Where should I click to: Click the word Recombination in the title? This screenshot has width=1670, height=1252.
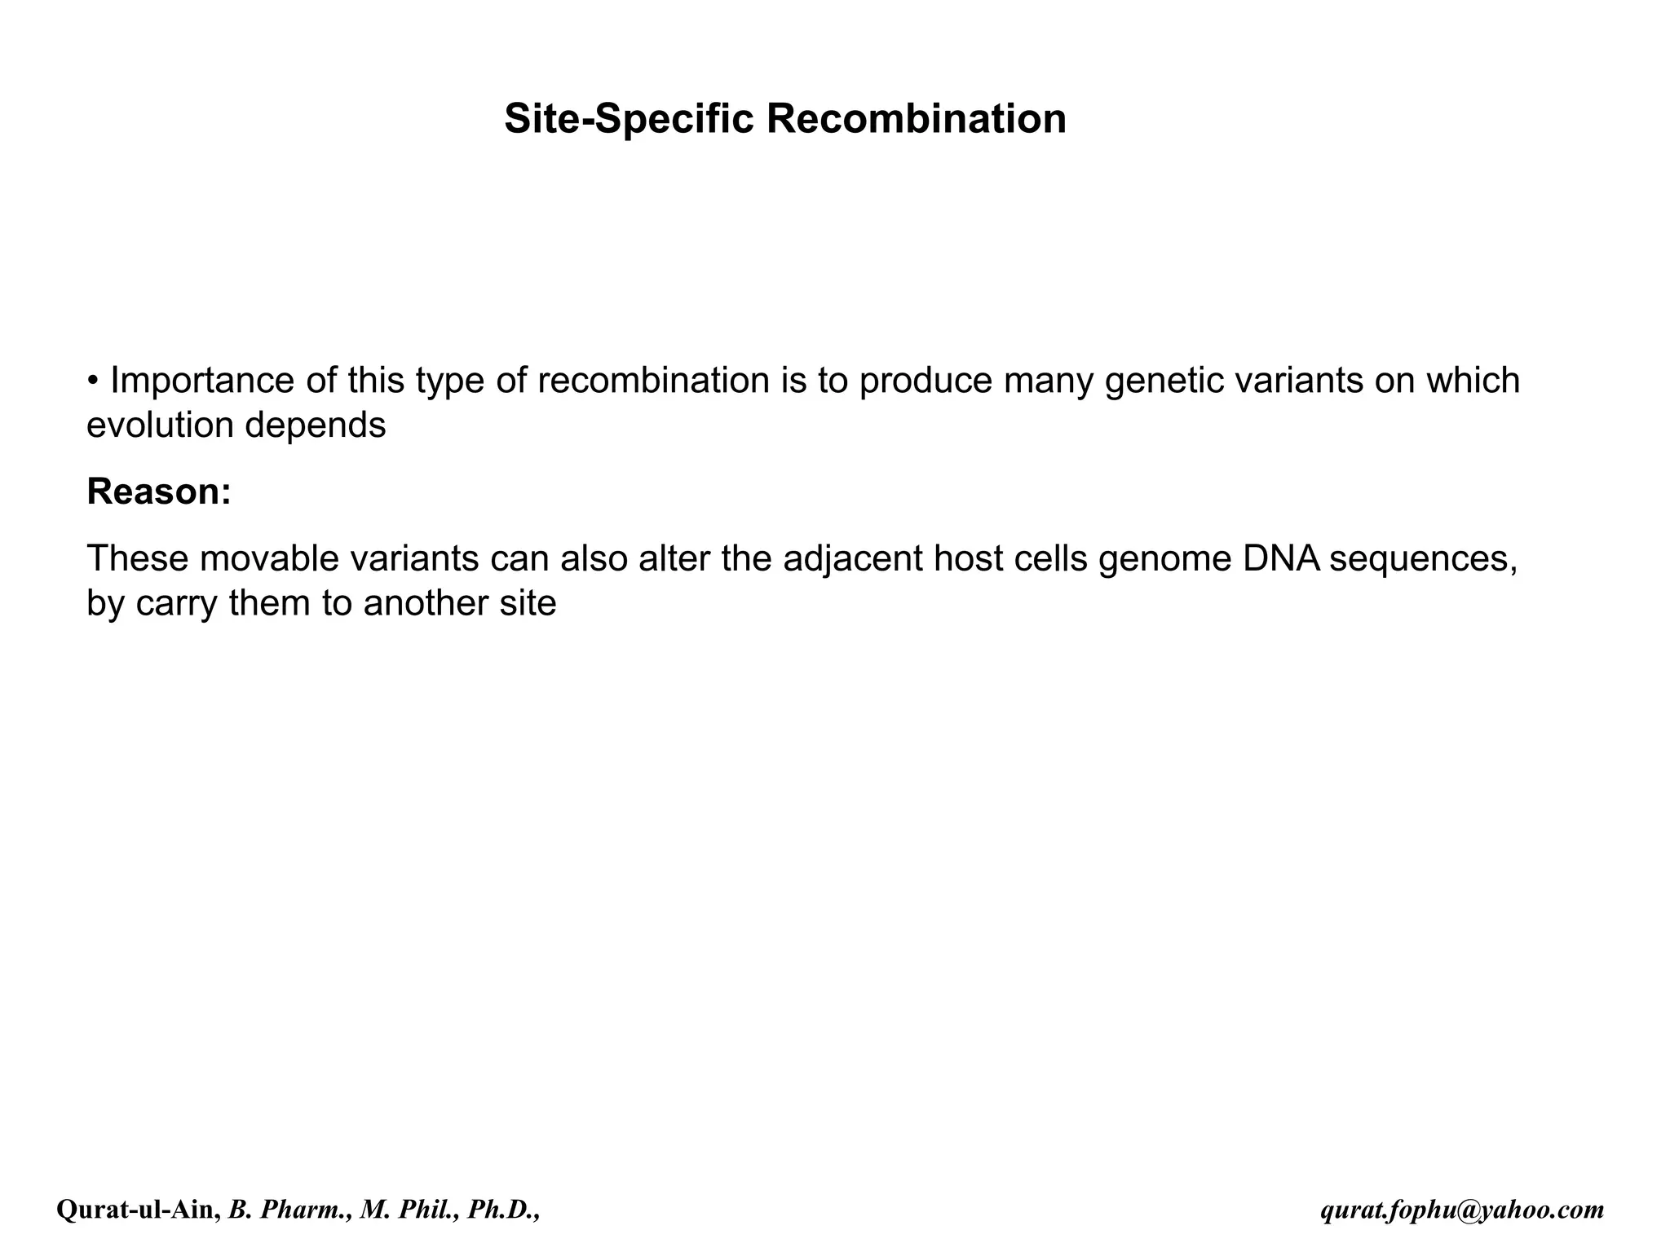point(916,119)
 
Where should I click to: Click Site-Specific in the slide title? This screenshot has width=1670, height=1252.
point(629,119)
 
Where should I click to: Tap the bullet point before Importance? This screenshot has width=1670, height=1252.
point(94,381)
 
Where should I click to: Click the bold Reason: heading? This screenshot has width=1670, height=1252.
point(159,492)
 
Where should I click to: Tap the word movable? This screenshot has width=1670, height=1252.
point(269,559)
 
